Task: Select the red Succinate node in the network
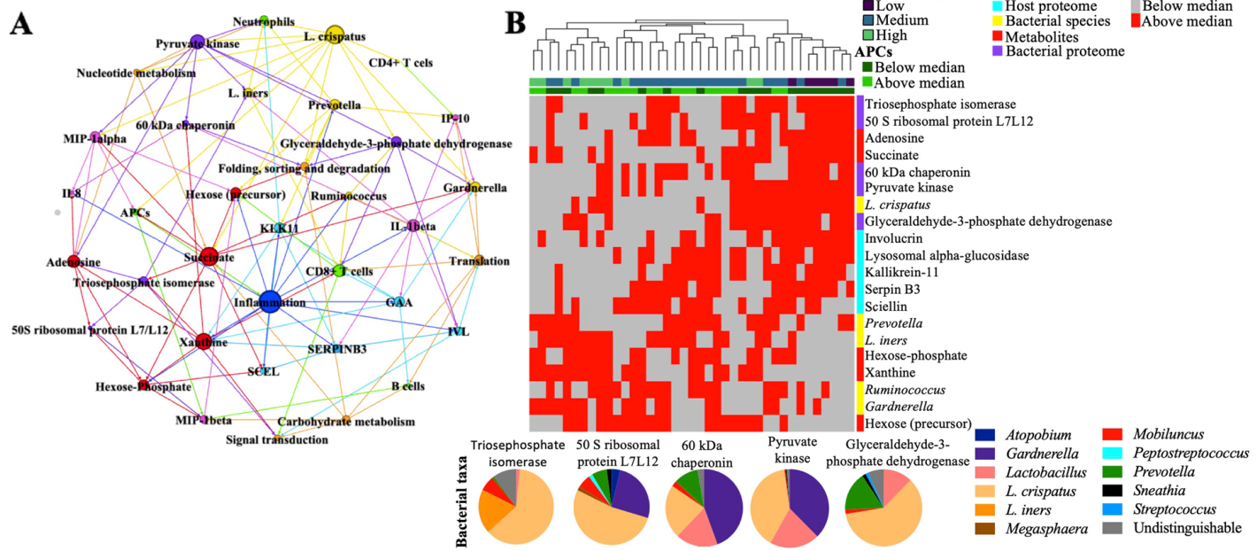coord(209,257)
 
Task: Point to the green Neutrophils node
coord(264,20)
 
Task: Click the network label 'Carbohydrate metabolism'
coord(346,422)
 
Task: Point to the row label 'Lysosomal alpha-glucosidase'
coord(947,255)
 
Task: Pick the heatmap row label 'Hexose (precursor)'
coord(918,423)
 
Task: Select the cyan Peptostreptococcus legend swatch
coord(1114,454)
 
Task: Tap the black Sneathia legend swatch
coord(1114,491)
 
